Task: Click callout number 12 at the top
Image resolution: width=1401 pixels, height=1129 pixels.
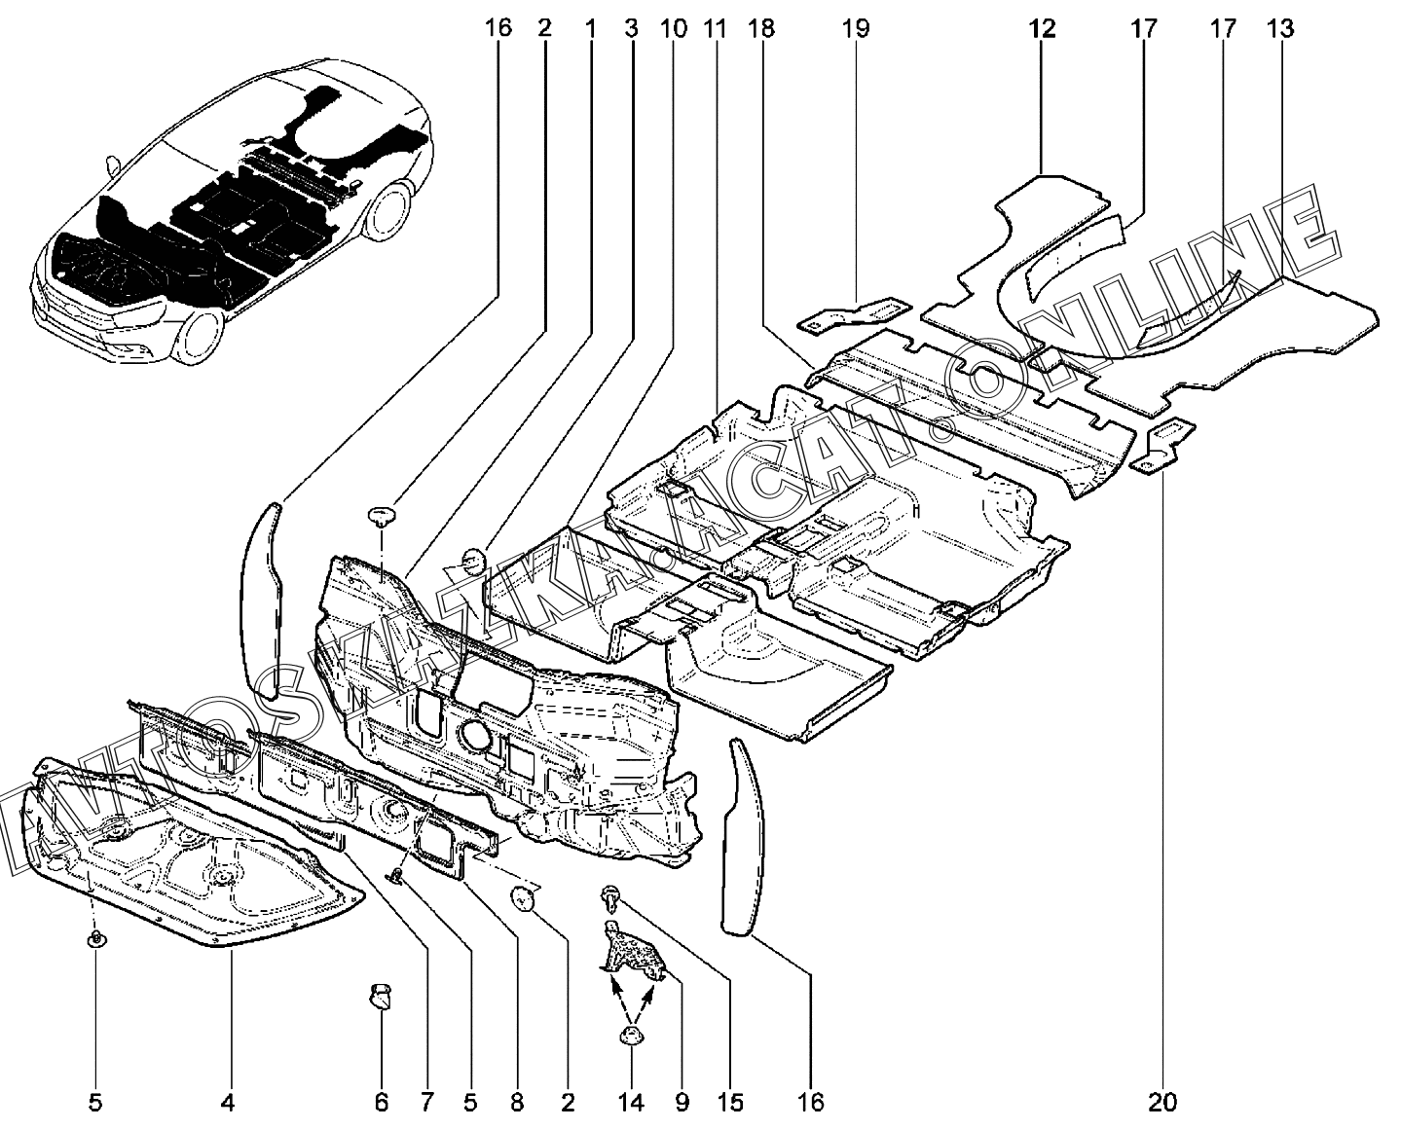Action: [x=1043, y=28]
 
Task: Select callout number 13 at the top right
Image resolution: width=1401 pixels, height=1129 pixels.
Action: [x=1280, y=28]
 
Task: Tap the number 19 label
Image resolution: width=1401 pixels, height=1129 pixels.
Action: [x=856, y=28]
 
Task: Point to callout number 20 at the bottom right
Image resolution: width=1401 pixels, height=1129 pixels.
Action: [x=1162, y=1102]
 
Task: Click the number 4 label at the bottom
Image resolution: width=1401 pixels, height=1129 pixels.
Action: [x=227, y=1102]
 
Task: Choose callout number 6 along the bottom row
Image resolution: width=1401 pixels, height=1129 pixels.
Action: [x=382, y=1102]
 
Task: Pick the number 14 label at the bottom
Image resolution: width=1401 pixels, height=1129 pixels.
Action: [x=631, y=1102]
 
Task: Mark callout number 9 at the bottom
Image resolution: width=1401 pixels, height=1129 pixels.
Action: [x=682, y=1102]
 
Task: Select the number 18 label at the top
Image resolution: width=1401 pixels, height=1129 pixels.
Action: [x=761, y=28]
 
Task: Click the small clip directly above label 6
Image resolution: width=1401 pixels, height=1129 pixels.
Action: [x=381, y=997]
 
